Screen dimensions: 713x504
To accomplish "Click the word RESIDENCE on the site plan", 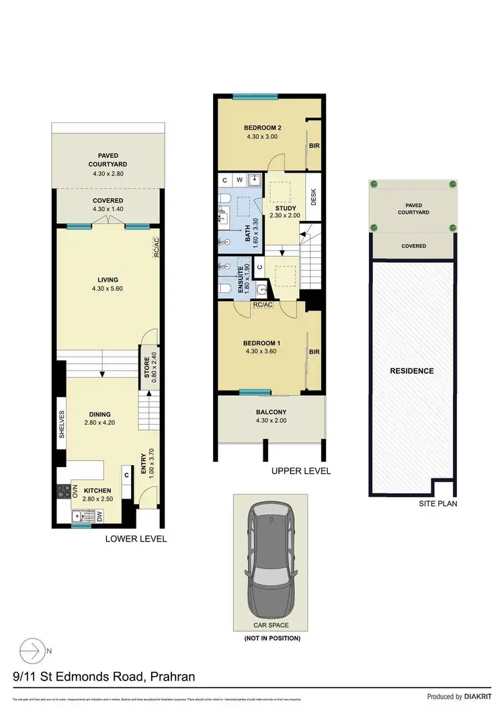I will [412, 371].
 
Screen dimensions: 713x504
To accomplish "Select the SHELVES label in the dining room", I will [62, 425].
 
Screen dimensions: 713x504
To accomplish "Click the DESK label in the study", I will [313, 196].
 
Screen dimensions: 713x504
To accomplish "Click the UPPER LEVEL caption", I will [301, 471].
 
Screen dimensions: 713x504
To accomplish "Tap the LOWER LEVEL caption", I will [136, 539].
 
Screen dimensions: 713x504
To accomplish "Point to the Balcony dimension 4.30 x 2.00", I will [271, 421].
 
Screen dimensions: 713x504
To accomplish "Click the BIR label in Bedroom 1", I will [313, 351].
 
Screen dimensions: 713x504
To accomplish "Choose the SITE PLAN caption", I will [437, 503].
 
